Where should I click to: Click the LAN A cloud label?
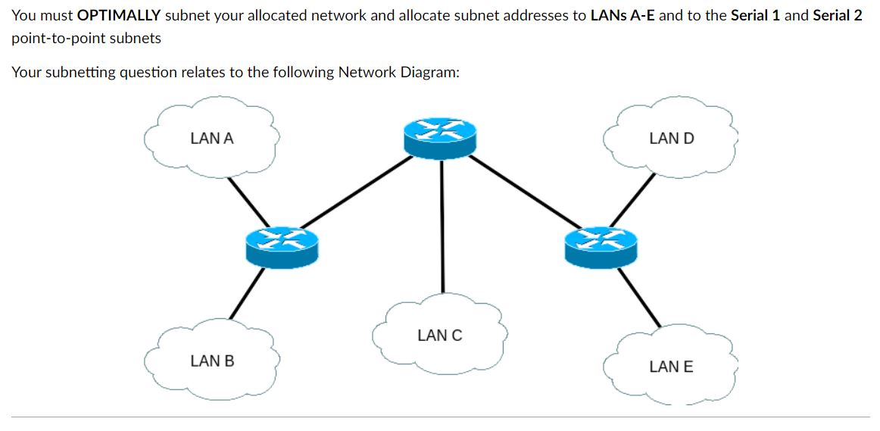212,139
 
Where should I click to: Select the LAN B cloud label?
212,361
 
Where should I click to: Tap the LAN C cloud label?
439,335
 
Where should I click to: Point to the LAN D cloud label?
671,139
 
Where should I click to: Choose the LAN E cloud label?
671,367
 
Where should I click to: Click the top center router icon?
441,136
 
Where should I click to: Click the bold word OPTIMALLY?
117,16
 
